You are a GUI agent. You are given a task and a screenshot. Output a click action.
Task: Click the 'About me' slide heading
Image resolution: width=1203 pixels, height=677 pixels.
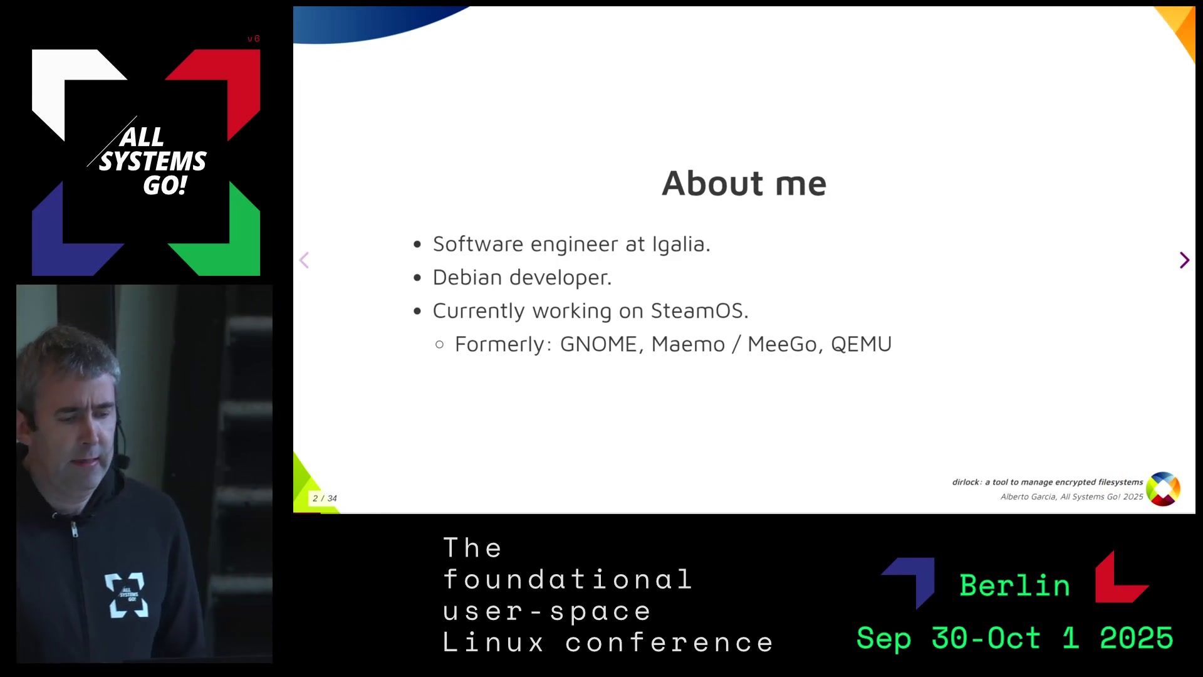click(x=744, y=184)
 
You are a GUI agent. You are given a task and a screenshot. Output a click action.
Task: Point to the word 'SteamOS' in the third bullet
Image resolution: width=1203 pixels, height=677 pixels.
click(x=697, y=311)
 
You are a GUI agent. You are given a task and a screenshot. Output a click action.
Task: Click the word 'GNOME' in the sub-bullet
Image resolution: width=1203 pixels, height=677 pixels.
click(x=598, y=344)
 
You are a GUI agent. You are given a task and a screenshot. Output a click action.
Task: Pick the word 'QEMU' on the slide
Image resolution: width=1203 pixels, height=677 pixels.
click(x=861, y=344)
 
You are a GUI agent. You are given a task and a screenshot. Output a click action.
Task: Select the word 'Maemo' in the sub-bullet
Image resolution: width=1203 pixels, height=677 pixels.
click(x=688, y=344)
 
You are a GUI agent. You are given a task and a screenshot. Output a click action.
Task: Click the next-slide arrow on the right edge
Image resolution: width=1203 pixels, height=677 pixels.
click(x=1184, y=260)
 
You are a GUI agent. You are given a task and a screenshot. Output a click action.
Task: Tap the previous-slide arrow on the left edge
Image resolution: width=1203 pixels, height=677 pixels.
click(x=305, y=260)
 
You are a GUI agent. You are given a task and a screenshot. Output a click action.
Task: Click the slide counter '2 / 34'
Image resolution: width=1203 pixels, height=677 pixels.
click(x=325, y=498)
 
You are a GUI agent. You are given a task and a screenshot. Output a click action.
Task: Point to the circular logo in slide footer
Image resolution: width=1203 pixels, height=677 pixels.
click(x=1164, y=489)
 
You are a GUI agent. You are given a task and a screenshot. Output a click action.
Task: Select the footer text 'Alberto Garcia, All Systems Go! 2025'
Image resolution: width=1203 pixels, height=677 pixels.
click(x=1071, y=496)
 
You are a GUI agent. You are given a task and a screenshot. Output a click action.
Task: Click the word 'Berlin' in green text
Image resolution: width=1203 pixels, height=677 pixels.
click(x=1015, y=585)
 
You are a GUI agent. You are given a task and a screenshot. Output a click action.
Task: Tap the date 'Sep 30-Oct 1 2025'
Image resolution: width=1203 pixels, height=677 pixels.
click(x=1015, y=638)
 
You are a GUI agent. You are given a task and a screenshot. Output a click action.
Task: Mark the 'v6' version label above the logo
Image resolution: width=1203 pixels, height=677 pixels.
click(x=253, y=39)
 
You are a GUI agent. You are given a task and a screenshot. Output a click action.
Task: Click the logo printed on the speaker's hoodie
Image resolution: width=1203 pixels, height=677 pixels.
click(x=127, y=595)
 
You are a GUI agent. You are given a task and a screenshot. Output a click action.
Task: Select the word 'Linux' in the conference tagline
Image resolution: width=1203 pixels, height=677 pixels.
click(x=494, y=643)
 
